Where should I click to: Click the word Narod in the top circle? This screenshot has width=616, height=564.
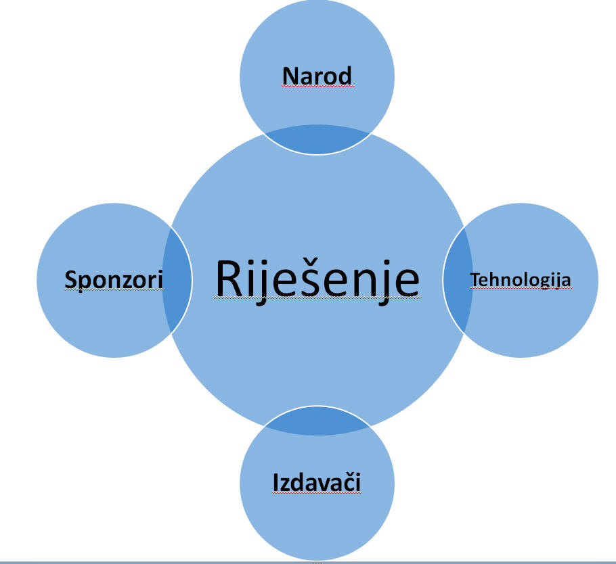pos(317,76)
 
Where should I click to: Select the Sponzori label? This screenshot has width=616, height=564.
pos(114,279)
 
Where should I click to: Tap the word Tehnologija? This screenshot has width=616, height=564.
pos(521,279)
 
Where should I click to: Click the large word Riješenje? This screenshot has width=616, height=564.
pos(317,279)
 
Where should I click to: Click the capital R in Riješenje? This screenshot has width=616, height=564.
pos(229,279)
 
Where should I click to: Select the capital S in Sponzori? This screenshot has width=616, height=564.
pos(70,279)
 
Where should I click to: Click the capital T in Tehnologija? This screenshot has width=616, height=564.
pos(474,279)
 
